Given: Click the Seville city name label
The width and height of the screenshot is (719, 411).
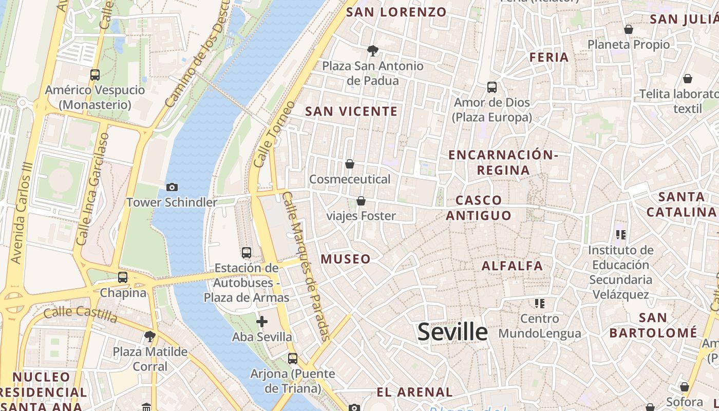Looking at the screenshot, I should [452, 332].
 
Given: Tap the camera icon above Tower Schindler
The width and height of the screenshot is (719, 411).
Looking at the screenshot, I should [172, 187].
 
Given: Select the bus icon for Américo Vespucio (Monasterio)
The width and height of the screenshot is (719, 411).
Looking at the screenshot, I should [95, 75].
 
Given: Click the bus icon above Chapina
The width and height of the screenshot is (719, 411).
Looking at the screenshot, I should [123, 277].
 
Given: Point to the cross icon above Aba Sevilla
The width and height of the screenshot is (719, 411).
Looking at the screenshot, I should [262, 322].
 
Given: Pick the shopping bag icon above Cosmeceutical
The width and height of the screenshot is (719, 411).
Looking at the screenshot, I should [350, 164].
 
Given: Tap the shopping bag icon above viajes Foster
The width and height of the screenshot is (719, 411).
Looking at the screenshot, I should [361, 200].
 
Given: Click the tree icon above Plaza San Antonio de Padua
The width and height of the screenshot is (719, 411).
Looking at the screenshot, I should [373, 50].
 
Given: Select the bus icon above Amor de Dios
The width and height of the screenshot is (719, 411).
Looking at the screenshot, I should [492, 87].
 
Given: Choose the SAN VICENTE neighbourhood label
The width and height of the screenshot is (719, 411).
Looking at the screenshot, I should [351, 111].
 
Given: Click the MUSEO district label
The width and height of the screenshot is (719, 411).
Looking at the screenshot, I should [346, 259].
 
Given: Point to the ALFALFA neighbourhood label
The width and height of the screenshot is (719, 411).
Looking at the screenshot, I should [512, 266].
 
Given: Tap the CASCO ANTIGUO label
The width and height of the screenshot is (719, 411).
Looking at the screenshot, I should [479, 208].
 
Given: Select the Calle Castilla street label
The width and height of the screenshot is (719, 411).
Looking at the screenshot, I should [81, 313].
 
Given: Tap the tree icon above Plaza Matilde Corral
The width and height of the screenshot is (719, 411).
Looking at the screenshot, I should [150, 337].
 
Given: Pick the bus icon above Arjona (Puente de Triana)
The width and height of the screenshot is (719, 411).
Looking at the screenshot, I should [293, 359].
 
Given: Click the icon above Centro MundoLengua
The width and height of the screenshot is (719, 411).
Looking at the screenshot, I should [539, 303].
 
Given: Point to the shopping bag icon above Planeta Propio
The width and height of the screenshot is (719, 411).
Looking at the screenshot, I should [628, 29].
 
